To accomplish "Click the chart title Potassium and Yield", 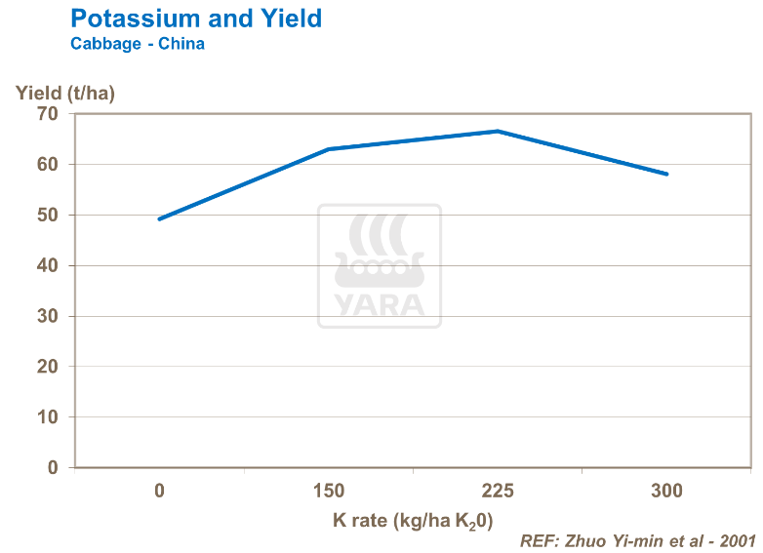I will click(x=196, y=19).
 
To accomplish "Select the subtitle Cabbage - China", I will click(x=138, y=45).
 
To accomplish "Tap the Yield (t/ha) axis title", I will click(x=65, y=93).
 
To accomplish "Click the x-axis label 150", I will click(x=329, y=490).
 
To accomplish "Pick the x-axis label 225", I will click(x=498, y=490).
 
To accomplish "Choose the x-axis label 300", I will click(x=667, y=490).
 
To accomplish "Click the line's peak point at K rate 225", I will click(x=498, y=131).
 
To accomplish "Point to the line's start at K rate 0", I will click(x=159, y=219).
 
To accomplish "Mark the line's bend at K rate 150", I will click(x=329, y=149).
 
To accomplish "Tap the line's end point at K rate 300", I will click(x=667, y=174).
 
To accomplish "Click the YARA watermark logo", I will click(x=380, y=266).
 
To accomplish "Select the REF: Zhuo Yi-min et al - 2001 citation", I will click(x=638, y=539).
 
